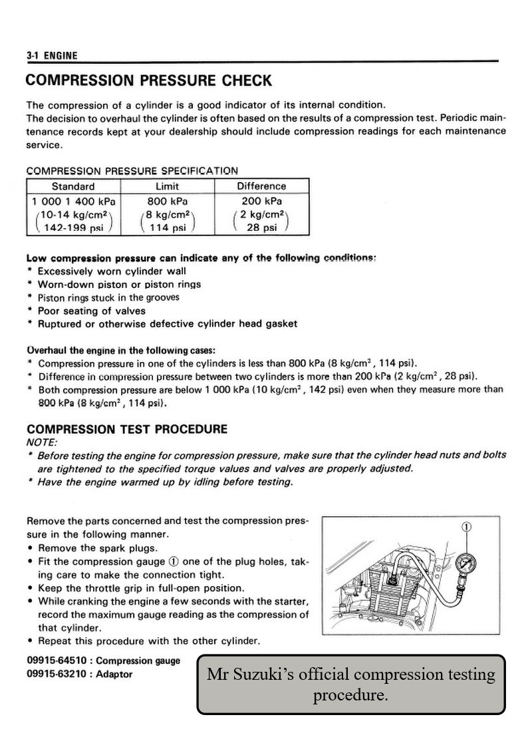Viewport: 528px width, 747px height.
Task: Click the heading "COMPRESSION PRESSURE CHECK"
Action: tap(148, 81)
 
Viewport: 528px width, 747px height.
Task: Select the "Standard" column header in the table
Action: tap(73, 186)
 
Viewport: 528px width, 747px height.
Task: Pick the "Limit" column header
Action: tap(167, 186)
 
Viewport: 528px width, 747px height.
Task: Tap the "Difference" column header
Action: tap(261, 186)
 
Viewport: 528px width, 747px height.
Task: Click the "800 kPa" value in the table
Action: tap(167, 200)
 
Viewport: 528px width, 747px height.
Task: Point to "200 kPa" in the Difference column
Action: tap(261, 200)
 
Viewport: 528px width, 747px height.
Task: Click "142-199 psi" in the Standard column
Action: tap(71, 227)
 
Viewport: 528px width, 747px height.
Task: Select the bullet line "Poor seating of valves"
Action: tap(91, 311)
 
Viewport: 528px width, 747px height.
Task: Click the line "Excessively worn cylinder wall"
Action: tap(112, 271)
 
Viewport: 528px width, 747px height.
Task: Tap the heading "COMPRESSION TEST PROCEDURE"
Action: tap(126, 429)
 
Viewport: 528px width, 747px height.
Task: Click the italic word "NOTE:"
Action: tap(42, 442)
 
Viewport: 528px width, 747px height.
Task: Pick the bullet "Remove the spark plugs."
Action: tap(97, 548)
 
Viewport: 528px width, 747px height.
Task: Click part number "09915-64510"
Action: tap(49, 661)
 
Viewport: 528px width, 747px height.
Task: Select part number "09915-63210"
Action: tap(49, 674)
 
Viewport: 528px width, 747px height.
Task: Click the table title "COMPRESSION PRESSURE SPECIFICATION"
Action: tap(132, 171)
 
